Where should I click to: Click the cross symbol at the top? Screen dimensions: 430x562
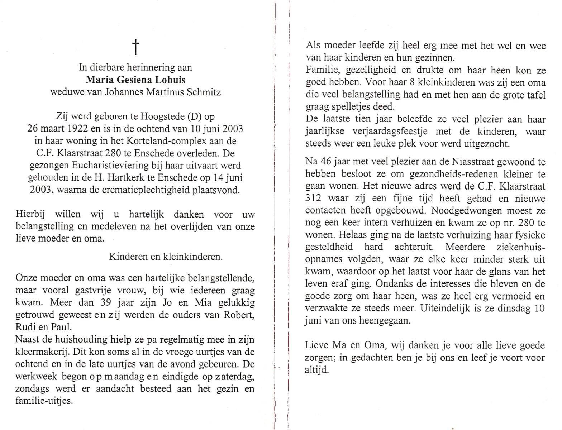pyautogui.click(x=135, y=47)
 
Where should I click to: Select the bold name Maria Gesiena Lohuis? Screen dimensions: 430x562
pyautogui.click(x=135, y=80)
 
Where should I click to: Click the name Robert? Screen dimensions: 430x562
pyautogui.click(x=241, y=315)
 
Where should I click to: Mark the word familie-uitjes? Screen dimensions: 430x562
pyautogui.click(x=44, y=401)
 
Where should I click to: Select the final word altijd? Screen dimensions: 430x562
pyautogui.click(x=316, y=370)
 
